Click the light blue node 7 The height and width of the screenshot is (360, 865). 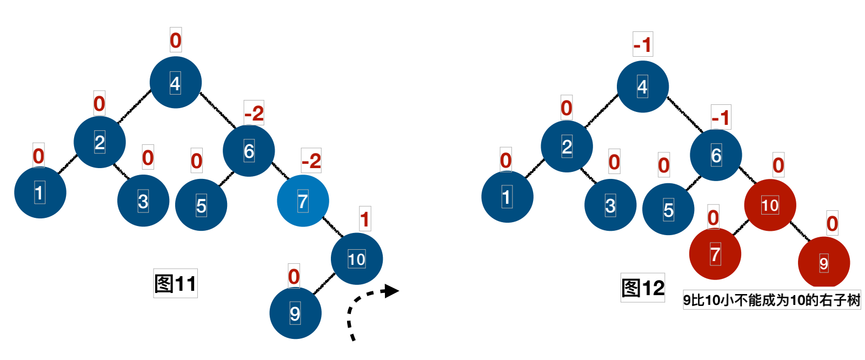point(303,201)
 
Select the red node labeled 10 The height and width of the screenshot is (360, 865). point(770,205)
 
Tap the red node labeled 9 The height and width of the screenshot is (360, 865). point(823,263)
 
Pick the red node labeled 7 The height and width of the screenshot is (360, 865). point(715,254)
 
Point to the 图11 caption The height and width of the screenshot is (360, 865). point(175,283)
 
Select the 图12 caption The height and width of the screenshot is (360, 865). point(642,288)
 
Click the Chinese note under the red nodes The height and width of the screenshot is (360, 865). point(771,300)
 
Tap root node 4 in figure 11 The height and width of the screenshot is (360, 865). point(176,83)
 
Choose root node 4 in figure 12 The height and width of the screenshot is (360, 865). point(642,86)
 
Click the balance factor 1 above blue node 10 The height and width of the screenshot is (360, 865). point(365,219)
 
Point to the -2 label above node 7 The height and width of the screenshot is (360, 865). point(311,161)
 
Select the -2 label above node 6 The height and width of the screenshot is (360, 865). point(254,113)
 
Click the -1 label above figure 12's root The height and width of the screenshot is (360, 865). point(642,44)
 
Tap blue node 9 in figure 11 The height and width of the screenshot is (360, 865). point(295,313)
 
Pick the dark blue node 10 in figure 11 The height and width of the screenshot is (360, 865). point(356,259)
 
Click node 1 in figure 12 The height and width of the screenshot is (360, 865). point(507,197)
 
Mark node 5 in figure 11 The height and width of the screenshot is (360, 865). point(201,205)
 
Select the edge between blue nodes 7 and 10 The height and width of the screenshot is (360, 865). point(332,226)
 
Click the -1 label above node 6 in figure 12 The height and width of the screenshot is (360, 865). point(721,117)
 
